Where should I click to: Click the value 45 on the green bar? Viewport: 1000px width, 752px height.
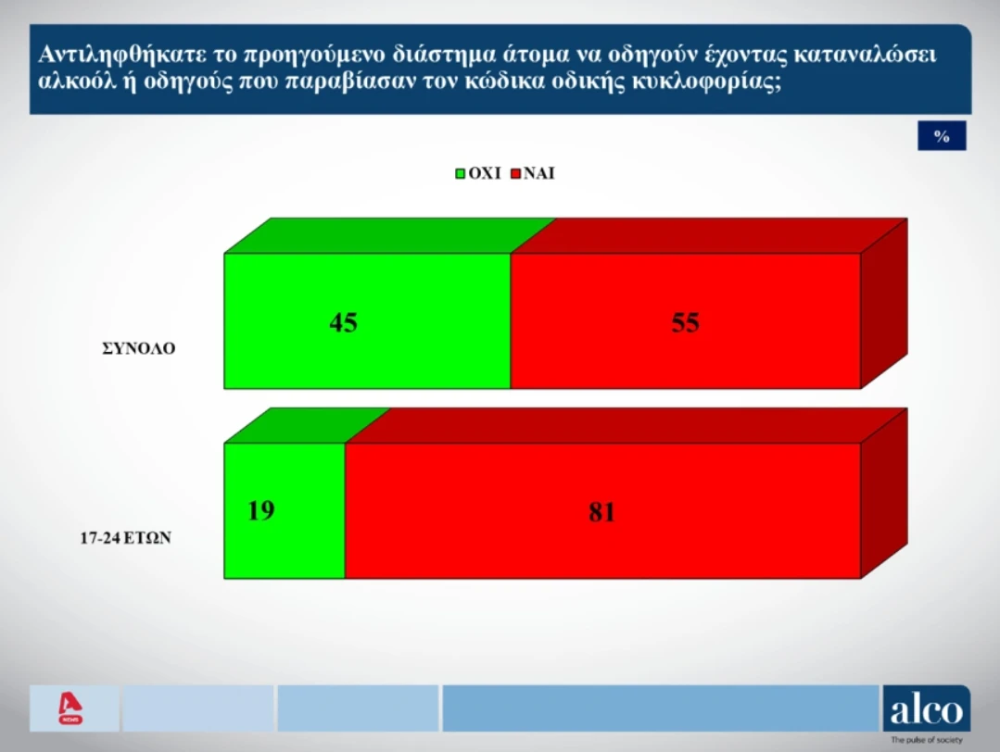(x=343, y=322)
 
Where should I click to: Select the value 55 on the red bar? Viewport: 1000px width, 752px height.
(x=685, y=322)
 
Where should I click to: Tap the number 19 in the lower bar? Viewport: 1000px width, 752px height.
(x=261, y=510)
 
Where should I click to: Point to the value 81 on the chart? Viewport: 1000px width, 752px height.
(x=601, y=512)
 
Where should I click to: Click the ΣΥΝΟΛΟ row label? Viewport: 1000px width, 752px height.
(x=138, y=350)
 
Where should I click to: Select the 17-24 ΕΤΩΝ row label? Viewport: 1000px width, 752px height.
(x=126, y=536)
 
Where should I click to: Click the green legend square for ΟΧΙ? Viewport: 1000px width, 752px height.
(x=461, y=173)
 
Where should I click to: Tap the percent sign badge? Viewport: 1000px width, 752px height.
(x=942, y=136)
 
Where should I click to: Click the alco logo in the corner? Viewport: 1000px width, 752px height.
(x=926, y=709)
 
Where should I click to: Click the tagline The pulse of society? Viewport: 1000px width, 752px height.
(x=926, y=740)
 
